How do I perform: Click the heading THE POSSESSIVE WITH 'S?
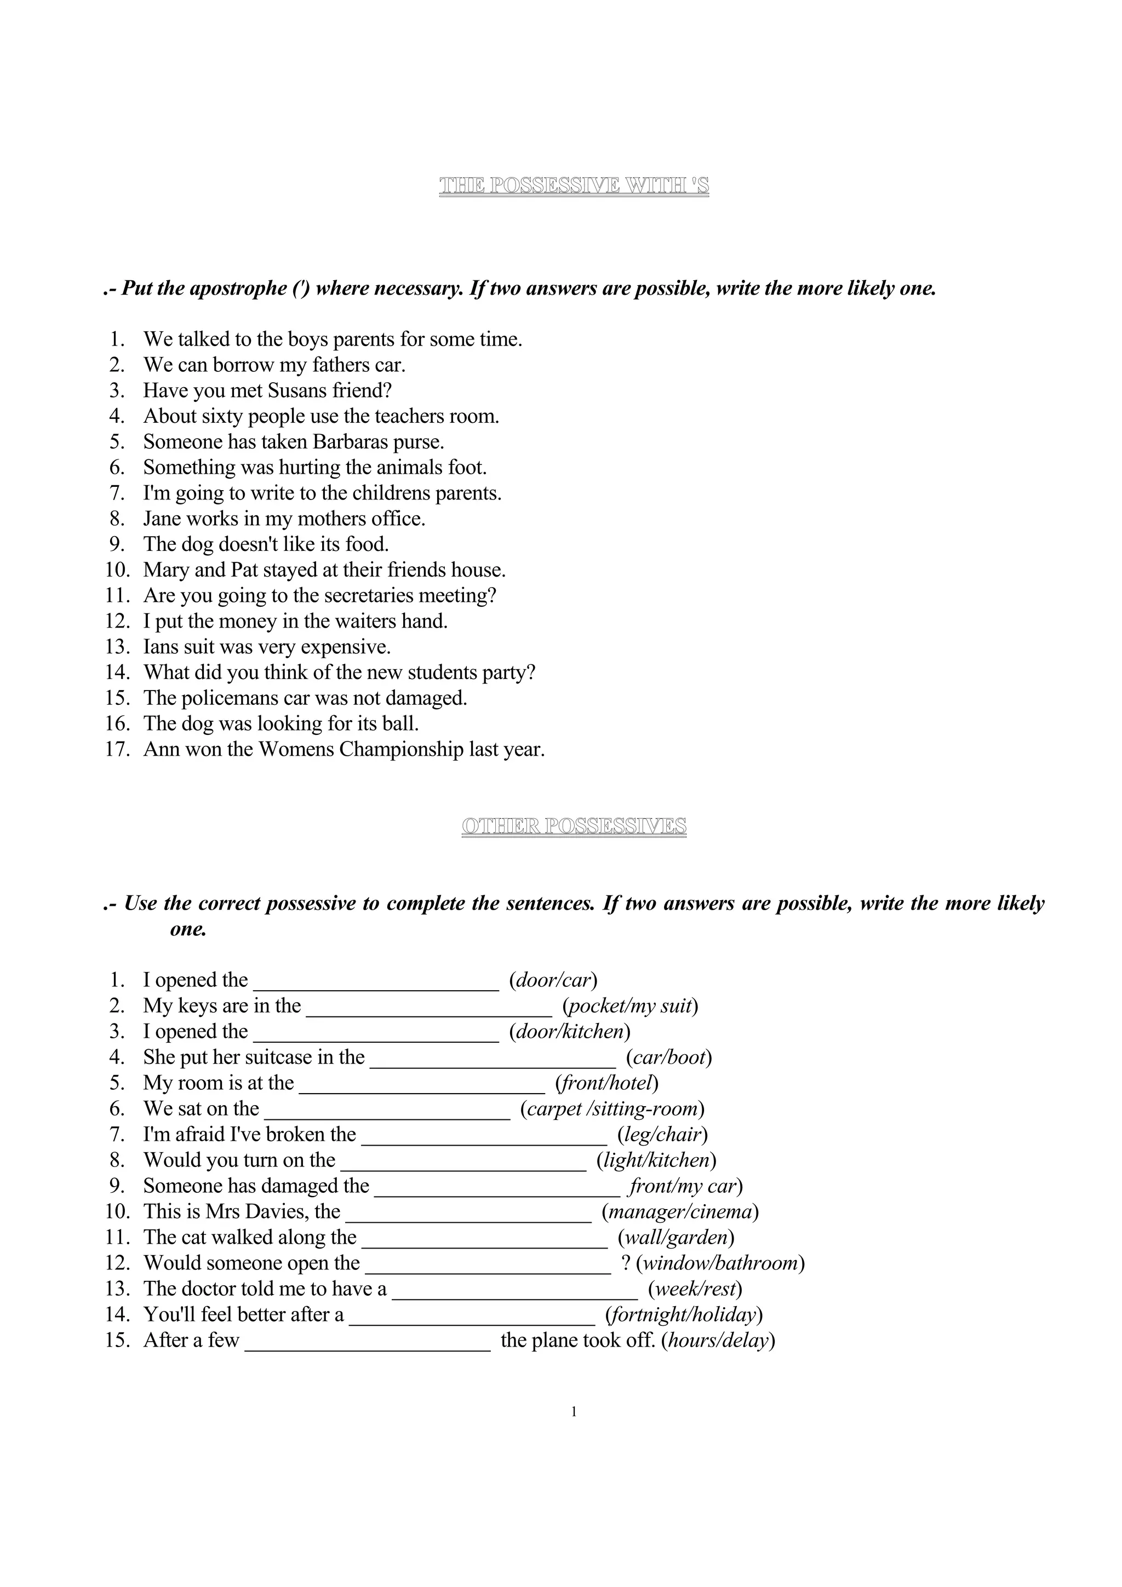[x=574, y=185]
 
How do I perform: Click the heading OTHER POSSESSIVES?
[x=574, y=826]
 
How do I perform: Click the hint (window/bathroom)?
[x=720, y=1263]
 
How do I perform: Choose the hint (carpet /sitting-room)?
[x=612, y=1109]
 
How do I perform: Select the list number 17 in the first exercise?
[x=118, y=749]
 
